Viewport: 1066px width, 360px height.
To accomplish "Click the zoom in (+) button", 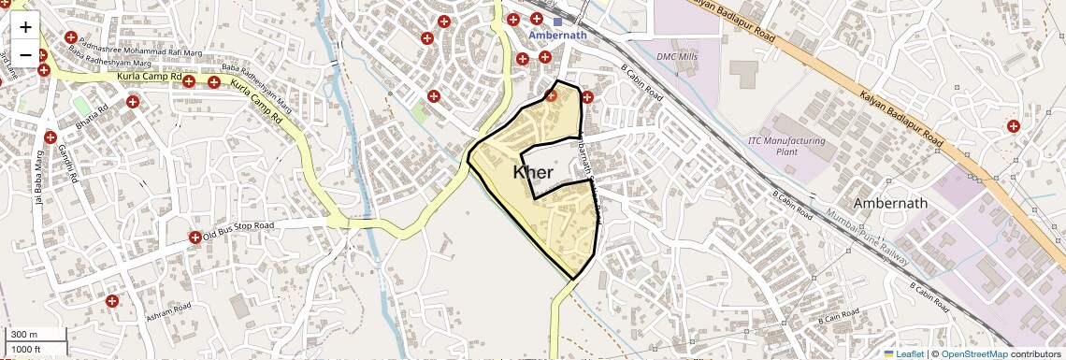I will click(25, 27).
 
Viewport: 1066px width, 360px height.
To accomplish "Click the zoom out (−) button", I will click(25, 54).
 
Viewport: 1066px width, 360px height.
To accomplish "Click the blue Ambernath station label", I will click(557, 36).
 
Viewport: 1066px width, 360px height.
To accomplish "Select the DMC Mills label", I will click(679, 56).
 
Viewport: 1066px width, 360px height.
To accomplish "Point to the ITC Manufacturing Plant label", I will click(786, 145).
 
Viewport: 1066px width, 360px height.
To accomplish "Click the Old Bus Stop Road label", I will click(238, 227).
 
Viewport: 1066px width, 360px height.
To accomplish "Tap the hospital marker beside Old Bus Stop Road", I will click(194, 238).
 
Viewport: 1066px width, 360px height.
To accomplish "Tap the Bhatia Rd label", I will click(93, 119).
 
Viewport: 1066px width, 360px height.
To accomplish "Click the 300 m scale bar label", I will click(24, 335).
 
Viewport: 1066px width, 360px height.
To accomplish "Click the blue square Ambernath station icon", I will click(557, 22).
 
